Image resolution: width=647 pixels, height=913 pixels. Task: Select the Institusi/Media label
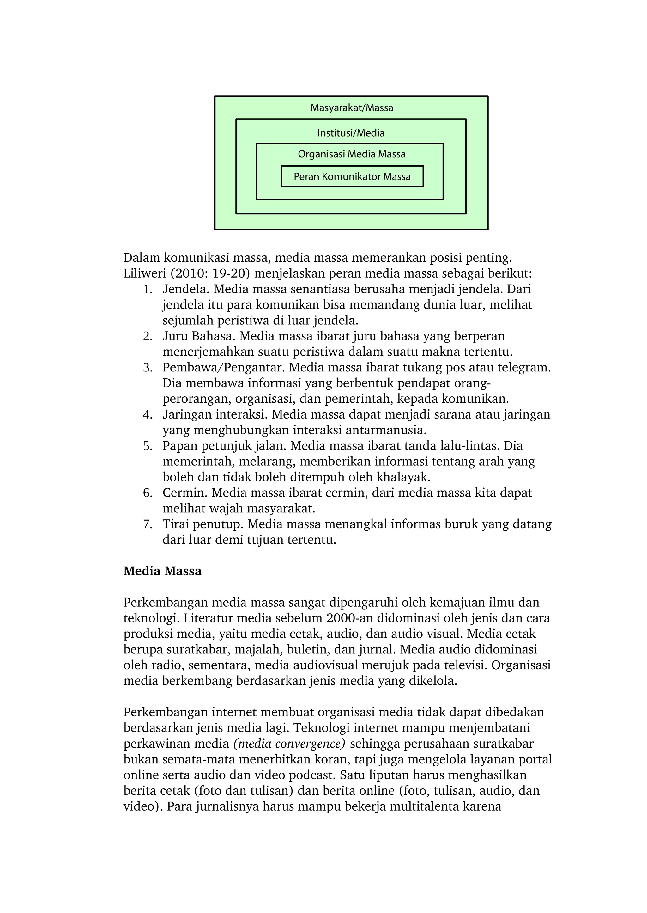351,133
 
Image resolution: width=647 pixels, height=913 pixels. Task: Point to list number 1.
148,290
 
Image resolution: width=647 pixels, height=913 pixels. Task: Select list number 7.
148,524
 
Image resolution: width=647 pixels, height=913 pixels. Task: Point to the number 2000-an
349,618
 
